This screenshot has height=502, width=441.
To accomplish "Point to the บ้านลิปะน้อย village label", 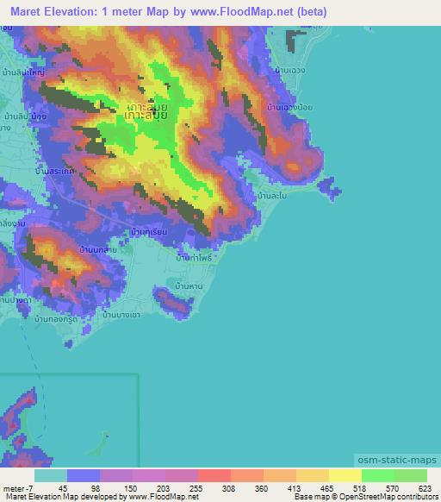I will pyautogui.click(x=23, y=115).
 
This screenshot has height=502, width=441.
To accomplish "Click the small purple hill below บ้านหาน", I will pyautogui.click(x=173, y=301).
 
